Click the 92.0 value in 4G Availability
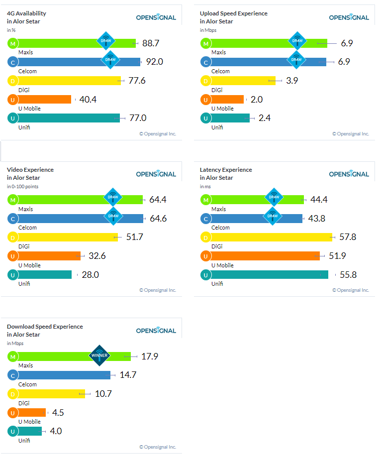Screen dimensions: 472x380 coord(154,62)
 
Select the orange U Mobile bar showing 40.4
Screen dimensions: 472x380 coord(42,99)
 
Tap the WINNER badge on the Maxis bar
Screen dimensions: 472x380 coord(99,355)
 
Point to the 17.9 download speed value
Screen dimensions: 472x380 coord(149,356)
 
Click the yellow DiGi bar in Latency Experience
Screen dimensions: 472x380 coord(269,237)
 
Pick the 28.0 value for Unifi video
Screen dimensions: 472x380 coord(90,274)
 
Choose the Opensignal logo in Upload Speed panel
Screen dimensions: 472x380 coord(349,17)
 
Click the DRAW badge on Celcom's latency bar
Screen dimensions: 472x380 coord(273,216)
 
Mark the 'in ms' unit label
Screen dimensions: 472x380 coord(205,186)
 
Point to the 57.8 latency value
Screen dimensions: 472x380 coord(347,237)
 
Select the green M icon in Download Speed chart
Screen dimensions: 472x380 coord(12,356)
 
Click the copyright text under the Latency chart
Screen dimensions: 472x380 coord(351,290)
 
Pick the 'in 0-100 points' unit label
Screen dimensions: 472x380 coord(22,186)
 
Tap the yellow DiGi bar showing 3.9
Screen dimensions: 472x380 coord(241,81)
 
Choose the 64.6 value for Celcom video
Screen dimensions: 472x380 coord(158,219)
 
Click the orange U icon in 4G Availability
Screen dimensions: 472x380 coord(12,99)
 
